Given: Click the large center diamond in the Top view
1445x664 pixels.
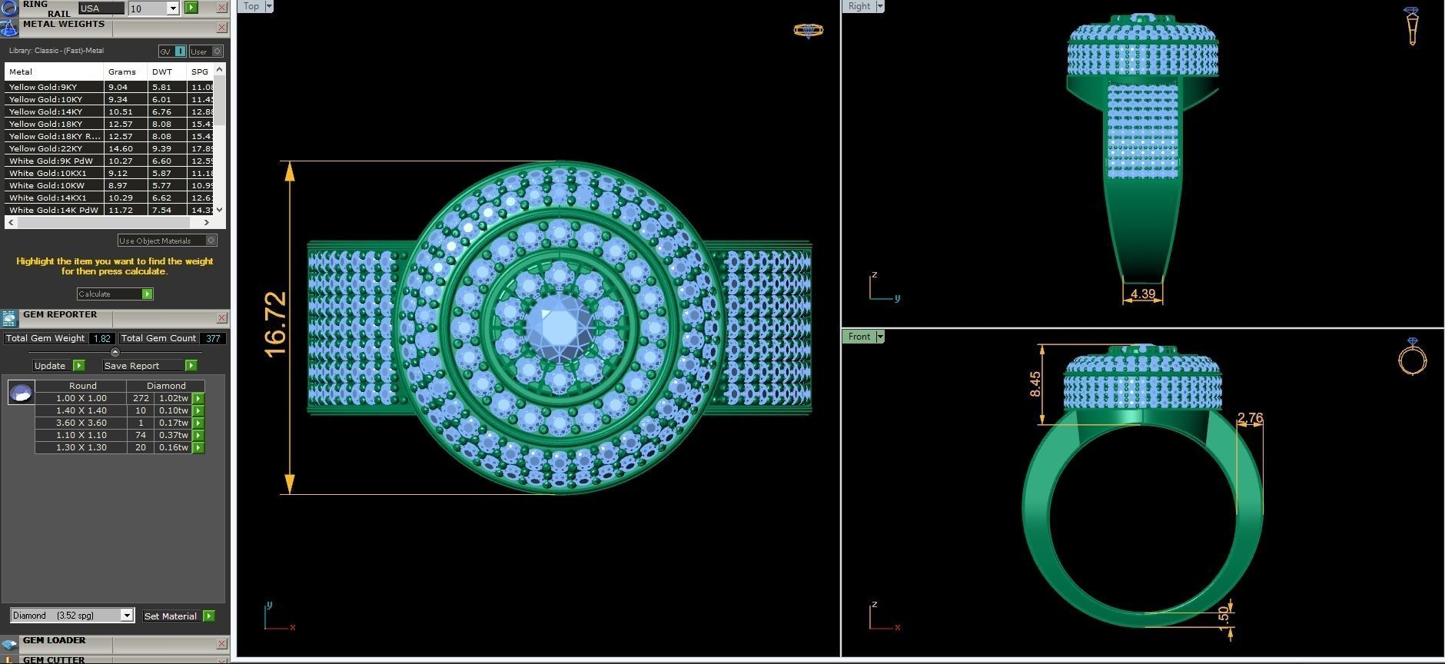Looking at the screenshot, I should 559,327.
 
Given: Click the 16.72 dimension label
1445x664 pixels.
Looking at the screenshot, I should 274,324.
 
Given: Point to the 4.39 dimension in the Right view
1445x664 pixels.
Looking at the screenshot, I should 1142,294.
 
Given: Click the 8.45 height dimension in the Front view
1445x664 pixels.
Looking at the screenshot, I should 1035,384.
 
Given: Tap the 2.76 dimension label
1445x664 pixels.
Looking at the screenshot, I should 1249,418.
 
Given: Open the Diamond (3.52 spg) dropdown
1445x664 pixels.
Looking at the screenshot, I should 127,616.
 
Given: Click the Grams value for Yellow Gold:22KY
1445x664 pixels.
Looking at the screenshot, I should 121,148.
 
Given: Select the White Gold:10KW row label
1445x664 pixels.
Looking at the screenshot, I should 47,185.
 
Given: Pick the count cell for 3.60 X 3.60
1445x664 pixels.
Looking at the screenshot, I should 141,423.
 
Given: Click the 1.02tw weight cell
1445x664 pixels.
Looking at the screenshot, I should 173,398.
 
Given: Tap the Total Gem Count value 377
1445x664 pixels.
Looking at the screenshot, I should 213,338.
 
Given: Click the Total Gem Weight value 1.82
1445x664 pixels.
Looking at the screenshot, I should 102,338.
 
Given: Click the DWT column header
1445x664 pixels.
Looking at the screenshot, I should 162,71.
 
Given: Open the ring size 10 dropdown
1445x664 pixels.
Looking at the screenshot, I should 173,8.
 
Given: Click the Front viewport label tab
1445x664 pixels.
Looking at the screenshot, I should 859,337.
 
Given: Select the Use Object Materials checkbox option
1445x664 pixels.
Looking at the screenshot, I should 211,241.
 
